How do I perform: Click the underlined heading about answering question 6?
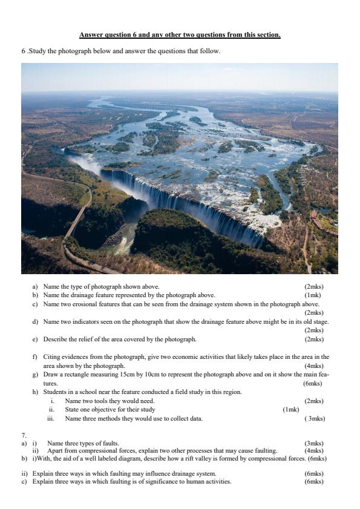point(180,35)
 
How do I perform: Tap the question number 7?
point(24,435)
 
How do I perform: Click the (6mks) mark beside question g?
point(313,384)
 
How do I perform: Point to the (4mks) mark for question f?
point(313,366)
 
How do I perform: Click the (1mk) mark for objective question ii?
point(291,410)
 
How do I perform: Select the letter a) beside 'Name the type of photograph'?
point(35,286)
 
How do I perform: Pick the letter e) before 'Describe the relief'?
point(35,340)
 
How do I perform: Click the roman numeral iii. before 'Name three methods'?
point(53,418)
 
